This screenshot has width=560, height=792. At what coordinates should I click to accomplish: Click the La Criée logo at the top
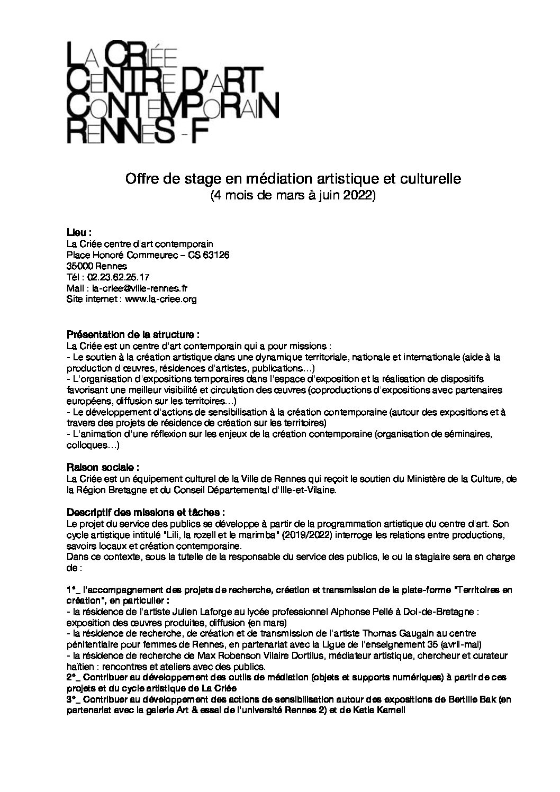coord(172,93)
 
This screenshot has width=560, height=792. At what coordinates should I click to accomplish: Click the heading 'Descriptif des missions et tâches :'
coord(146,513)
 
